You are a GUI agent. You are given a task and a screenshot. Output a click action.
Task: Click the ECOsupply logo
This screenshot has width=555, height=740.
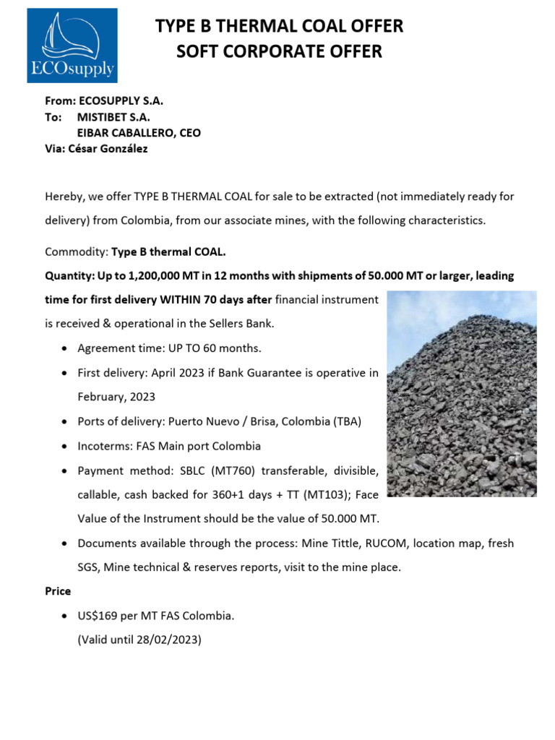pos(72,46)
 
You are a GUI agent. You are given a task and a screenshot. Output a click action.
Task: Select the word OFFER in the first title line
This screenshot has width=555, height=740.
pos(372,27)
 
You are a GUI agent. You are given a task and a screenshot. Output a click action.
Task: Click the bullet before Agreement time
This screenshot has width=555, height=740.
pos(66,349)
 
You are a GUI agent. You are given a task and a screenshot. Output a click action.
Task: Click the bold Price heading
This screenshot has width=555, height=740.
pos(58,591)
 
